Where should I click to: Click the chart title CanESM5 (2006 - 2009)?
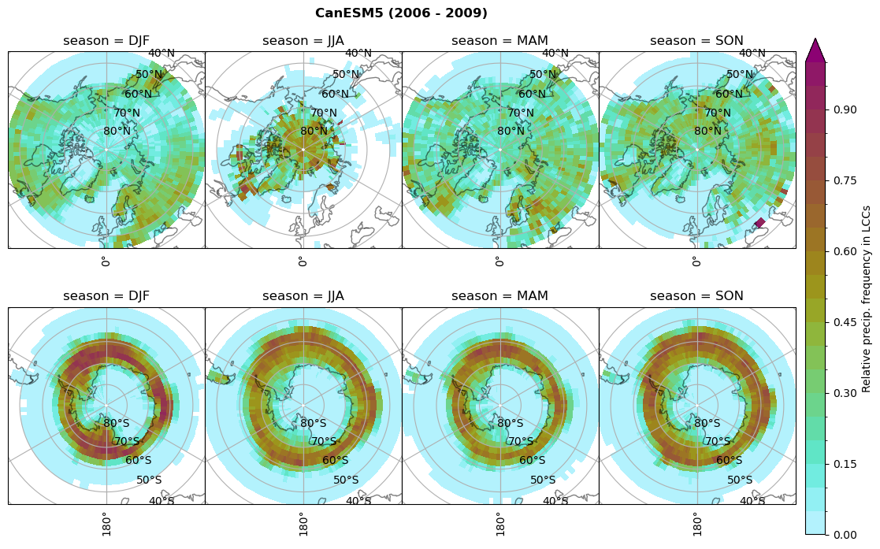(x=401, y=13)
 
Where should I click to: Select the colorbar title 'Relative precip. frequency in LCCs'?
(x=867, y=299)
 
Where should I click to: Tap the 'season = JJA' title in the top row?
(x=303, y=41)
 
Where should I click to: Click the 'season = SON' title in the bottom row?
(x=697, y=296)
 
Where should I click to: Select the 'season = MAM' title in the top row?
(x=500, y=41)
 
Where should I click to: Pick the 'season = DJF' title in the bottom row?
(x=106, y=296)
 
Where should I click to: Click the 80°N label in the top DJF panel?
(x=117, y=132)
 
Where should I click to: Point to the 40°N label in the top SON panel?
(x=752, y=54)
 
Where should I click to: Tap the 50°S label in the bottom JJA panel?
(x=346, y=480)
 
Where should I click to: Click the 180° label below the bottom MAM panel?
(x=499, y=524)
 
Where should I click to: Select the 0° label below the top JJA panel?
(x=302, y=261)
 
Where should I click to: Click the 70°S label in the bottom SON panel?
(x=718, y=442)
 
